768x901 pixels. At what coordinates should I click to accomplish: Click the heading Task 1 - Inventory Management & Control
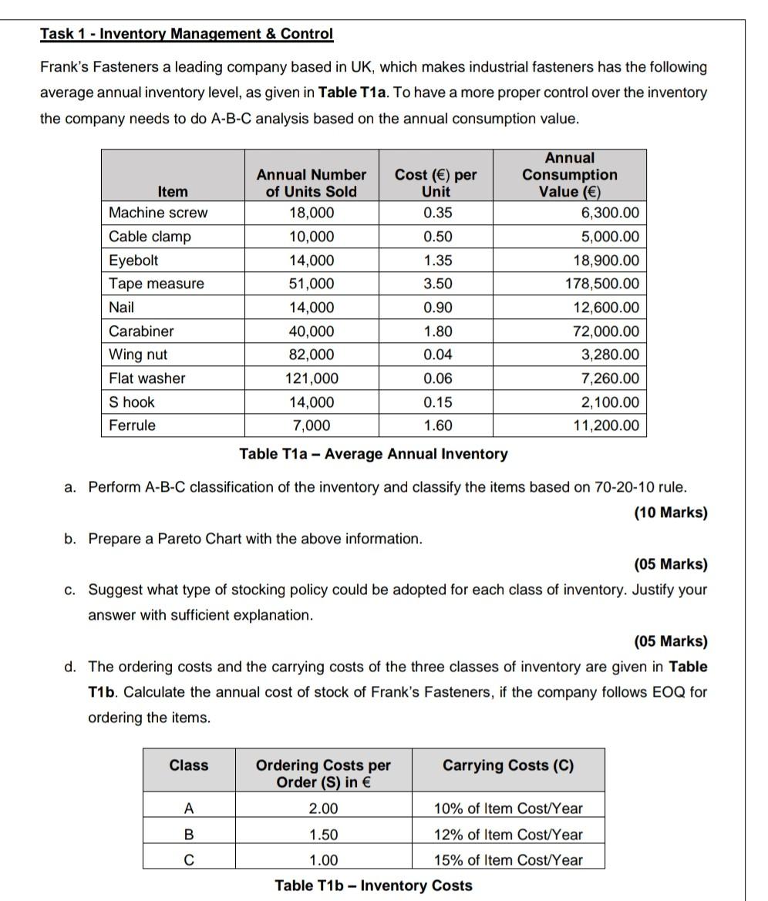click(187, 34)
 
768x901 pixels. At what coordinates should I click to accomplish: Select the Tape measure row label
click(157, 284)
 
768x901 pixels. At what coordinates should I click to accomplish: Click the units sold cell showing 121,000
click(311, 378)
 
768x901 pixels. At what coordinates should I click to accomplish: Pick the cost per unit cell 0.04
click(438, 355)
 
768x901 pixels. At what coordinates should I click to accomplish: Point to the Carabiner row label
click(141, 331)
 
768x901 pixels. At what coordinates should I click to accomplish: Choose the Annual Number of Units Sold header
click(311, 183)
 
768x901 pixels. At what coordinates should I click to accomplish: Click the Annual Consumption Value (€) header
click(569, 175)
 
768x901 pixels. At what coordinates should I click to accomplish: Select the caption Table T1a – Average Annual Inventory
click(373, 453)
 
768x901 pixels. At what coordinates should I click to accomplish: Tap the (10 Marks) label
click(670, 513)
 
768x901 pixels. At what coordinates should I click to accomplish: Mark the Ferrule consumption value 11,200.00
click(606, 425)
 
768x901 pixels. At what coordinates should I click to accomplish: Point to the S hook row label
click(132, 402)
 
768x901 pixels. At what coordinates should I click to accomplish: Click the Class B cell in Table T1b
click(188, 835)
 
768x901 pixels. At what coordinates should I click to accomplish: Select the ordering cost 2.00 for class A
click(323, 809)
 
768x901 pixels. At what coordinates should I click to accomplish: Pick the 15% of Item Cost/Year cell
click(508, 860)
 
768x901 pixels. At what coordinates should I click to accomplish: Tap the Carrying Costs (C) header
click(508, 765)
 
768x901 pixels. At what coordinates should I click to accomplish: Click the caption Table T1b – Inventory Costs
click(373, 886)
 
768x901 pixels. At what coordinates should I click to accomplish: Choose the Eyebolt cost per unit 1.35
click(438, 261)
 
